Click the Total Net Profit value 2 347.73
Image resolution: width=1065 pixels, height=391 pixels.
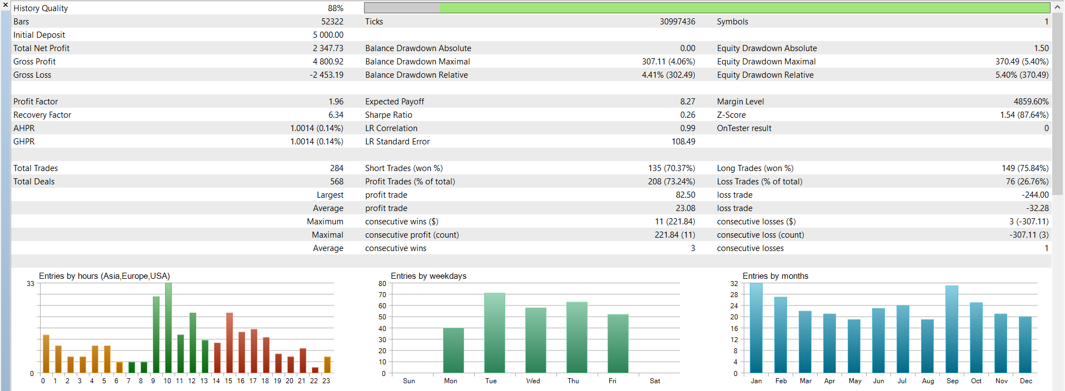(328, 48)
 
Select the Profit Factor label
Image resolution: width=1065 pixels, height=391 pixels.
(36, 102)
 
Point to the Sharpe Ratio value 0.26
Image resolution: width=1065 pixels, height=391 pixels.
(688, 115)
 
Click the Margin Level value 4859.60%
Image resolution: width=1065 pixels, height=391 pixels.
(1031, 102)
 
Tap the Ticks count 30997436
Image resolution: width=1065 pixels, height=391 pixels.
(678, 22)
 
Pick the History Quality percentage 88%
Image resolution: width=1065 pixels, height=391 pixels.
(336, 8)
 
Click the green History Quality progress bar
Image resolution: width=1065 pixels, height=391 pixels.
(744, 8)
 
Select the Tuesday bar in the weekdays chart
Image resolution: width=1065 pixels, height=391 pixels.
(495, 333)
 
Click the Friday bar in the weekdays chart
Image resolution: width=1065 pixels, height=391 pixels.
(618, 343)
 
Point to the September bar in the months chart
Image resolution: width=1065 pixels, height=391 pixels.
(952, 329)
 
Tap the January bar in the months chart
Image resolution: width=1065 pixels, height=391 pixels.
(756, 328)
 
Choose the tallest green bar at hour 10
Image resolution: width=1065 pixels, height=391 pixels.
(168, 328)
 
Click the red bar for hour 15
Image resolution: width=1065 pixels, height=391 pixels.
(230, 343)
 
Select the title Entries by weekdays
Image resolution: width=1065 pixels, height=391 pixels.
(429, 276)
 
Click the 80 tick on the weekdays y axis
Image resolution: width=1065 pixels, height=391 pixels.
(382, 283)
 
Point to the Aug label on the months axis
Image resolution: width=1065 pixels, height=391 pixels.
(928, 381)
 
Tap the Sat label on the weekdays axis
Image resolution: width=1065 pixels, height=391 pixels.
(655, 381)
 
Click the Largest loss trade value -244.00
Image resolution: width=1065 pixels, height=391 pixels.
(1035, 195)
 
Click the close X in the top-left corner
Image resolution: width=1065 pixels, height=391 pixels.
(6, 5)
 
